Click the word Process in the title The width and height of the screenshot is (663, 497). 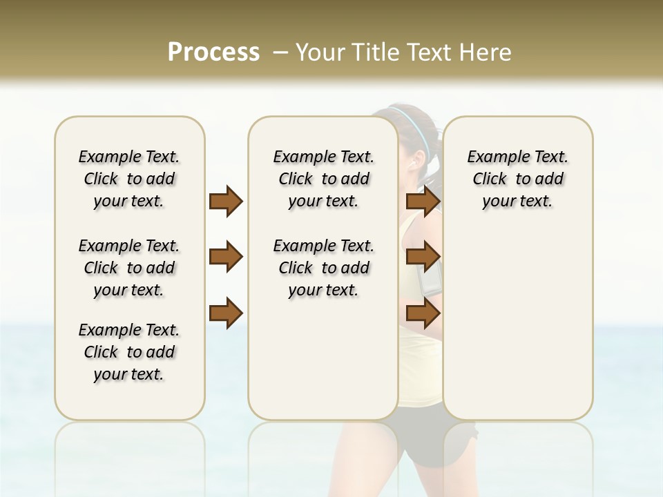(213, 52)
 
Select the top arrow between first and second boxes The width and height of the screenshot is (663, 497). (226, 202)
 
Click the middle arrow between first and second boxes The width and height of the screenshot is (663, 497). (226, 257)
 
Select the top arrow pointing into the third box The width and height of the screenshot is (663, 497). (423, 202)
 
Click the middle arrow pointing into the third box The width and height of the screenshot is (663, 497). (423, 257)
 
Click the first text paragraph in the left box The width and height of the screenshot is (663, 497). (129, 179)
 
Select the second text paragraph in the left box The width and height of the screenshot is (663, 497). (129, 268)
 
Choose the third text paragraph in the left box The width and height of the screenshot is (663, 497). (129, 352)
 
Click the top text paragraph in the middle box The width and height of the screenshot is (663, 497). (323, 179)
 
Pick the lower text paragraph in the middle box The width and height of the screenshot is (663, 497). (323, 268)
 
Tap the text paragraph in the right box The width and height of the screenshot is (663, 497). (517, 179)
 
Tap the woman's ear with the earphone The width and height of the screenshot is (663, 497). (414, 163)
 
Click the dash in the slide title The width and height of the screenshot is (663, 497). (280, 52)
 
